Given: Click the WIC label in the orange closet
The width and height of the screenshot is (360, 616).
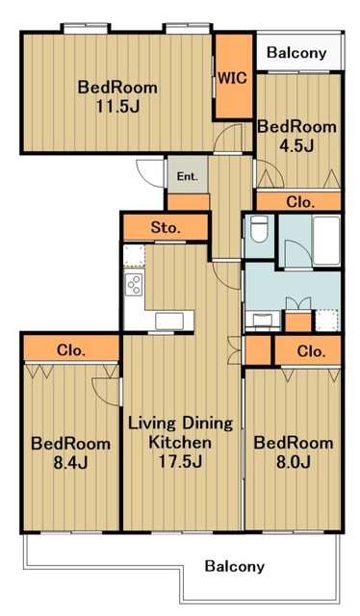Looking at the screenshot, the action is point(233,78).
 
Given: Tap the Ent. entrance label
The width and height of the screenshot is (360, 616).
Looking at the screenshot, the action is point(188,176).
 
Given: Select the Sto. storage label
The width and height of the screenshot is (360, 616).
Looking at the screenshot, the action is point(166,227).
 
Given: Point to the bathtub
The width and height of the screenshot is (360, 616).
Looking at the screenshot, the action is point(326,241).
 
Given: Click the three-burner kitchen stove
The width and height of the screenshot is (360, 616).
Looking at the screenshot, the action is point(134,284).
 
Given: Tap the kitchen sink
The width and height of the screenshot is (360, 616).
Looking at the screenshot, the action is point(169,321).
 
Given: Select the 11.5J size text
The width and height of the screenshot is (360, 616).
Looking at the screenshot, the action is point(117,106).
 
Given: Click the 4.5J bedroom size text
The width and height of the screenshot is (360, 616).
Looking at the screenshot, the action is point(296,145).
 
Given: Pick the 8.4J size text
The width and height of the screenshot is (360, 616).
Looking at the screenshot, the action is point(70,463).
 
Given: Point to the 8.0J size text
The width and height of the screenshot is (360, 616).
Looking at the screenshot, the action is point(294,462).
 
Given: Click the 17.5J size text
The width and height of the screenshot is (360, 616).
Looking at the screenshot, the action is point(180,462).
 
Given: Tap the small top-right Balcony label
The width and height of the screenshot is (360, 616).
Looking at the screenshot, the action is point(296,53).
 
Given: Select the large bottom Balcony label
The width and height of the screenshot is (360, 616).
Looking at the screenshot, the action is point(235,567).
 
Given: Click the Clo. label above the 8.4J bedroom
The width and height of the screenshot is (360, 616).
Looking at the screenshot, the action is point(70,349).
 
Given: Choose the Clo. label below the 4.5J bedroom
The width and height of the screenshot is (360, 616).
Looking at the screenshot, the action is point(300,202).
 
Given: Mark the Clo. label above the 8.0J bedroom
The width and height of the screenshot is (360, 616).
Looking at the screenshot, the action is point(311,350).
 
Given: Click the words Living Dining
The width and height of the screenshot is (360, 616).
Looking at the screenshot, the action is point(181,423).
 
